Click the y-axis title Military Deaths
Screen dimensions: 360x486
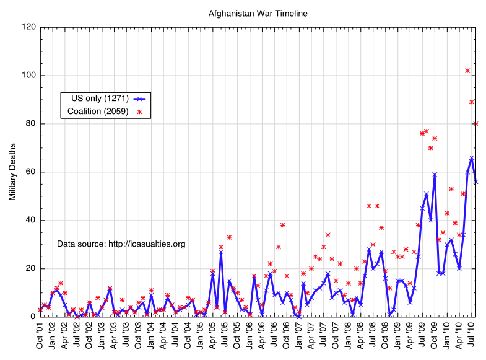pyautogui.click(x=12, y=172)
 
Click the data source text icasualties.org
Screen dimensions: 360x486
pyautogui.click(x=121, y=244)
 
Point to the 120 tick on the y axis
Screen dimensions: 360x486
pyautogui.click(x=28, y=27)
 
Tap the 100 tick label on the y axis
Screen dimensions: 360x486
pyautogui.click(x=28, y=76)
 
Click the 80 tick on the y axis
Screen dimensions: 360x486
pyautogui.click(x=30, y=124)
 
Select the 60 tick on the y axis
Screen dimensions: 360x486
pyautogui.click(x=30, y=172)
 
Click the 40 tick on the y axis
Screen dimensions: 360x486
pyautogui.click(x=30, y=221)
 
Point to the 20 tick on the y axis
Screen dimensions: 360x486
pyautogui.click(x=30, y=269)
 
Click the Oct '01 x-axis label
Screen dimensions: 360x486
pyautogui.click(x=40, y=335)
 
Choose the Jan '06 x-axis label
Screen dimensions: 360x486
pyautogui.click(x=250, y=335)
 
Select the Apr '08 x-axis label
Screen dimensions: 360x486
pyautogui.click(x=360, y=335)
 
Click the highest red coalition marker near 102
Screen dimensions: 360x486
pyautogui.click(x=467, y=71)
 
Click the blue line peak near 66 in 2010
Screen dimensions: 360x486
pyautogui.click(x=472, y=157)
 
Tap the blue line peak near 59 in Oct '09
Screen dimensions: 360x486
pyautogui.click(x=435, y=175)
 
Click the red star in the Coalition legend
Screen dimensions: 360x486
pyautogui.click(x=139, y=112)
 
